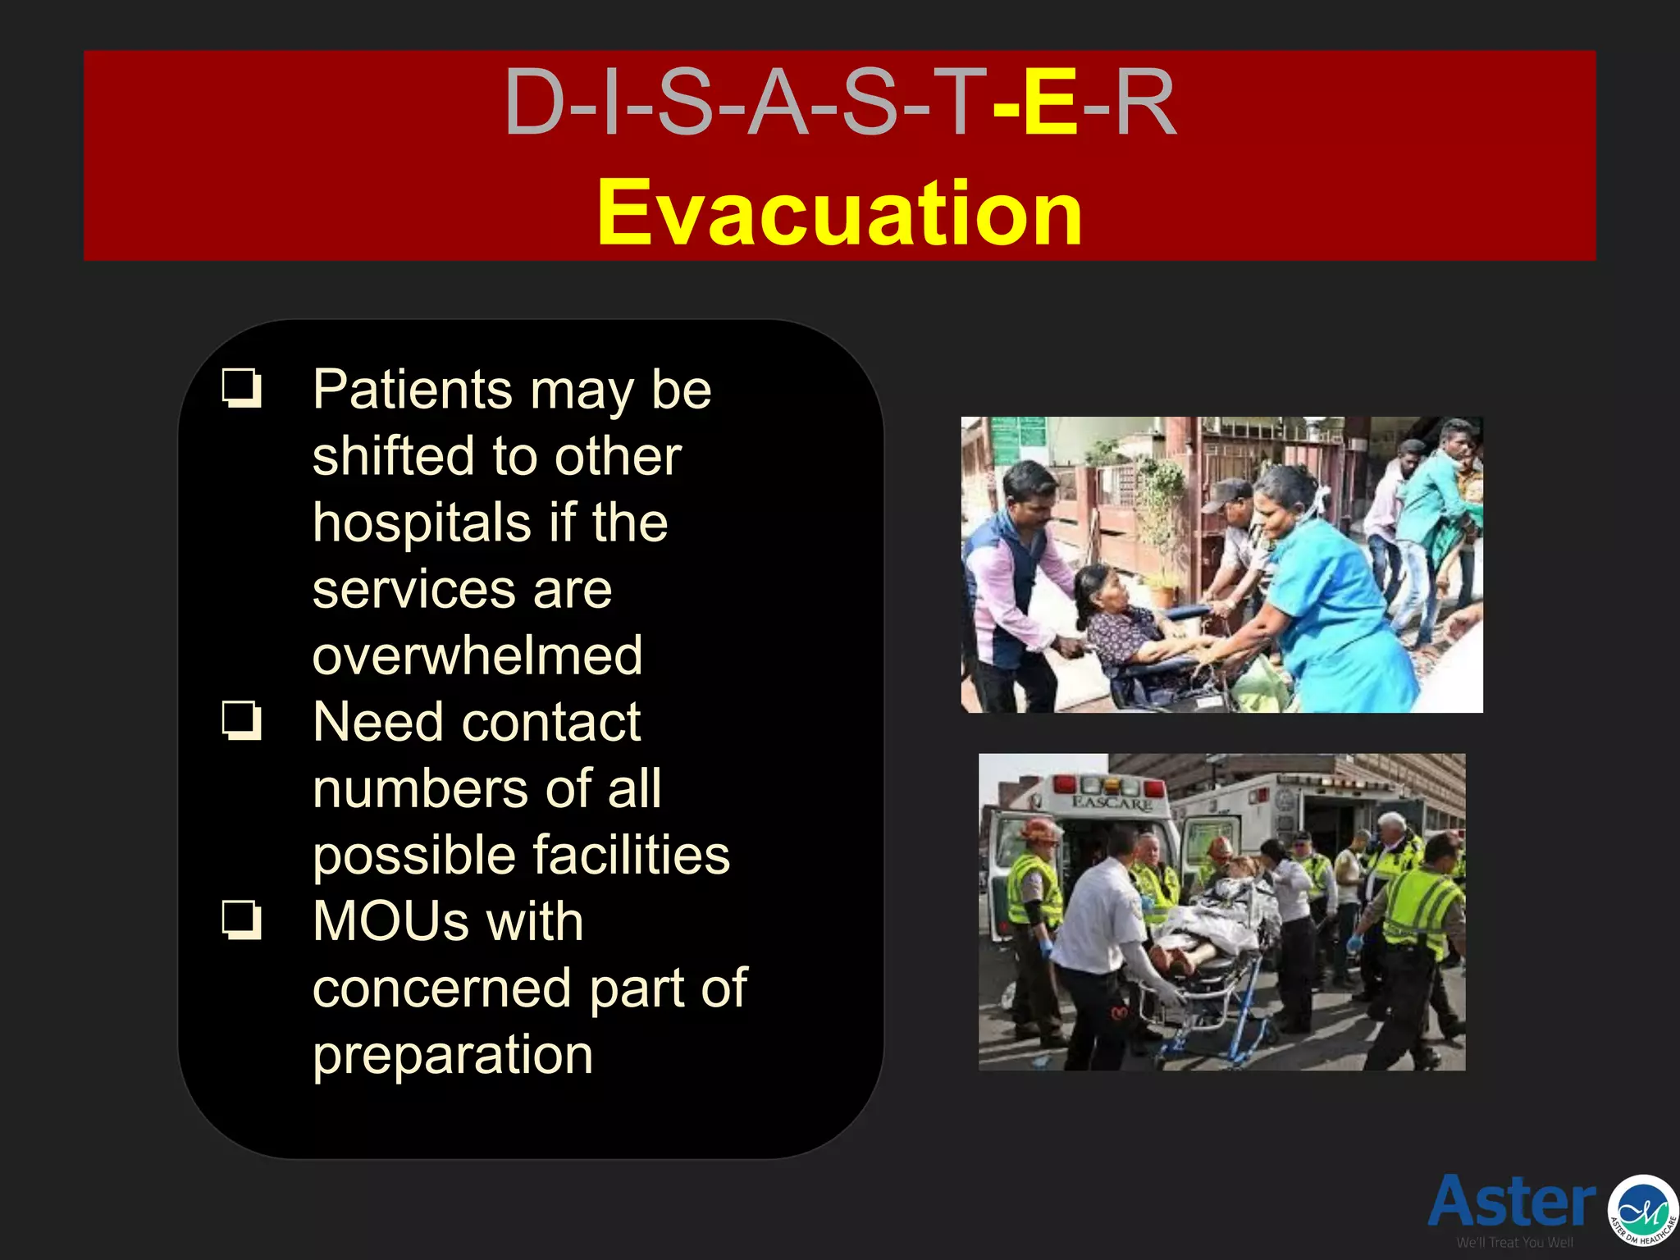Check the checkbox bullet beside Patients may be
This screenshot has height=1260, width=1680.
242,388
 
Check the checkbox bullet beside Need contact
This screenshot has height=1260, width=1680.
242,721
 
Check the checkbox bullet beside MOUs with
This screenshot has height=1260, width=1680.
242,920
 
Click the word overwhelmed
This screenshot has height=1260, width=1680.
477,655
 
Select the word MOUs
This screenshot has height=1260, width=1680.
390,921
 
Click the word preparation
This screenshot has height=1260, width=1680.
453,1055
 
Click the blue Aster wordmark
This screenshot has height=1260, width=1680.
1511,1201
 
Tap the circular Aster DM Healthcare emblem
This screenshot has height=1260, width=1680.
1642,1209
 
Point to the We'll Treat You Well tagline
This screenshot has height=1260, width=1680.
1514,1243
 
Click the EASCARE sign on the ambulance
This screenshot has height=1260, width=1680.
1113,802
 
